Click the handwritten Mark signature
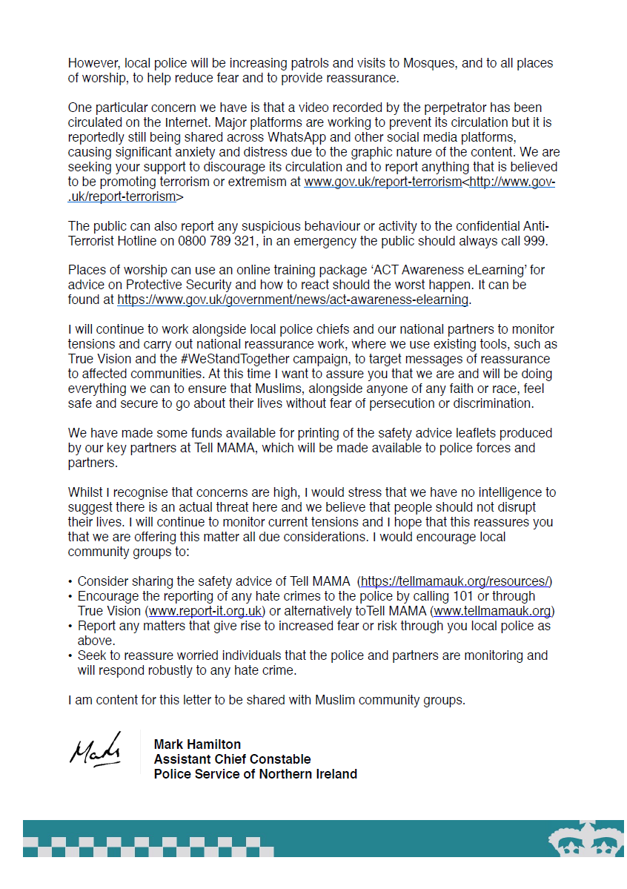tap(96, 748)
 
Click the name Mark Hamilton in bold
tap(197, 744)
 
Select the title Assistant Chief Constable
tap(232, 759)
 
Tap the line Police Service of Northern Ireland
tap(255, 774)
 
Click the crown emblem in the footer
tap(585, 839)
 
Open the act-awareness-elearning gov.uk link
tap(293, 300)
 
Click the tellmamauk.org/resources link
tap(456, 581)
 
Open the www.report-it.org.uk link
tap(206, 611)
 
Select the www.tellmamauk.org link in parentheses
tap(492, 611)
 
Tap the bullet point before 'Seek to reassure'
tap(70, 655)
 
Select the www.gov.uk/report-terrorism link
tap(382, 182)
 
